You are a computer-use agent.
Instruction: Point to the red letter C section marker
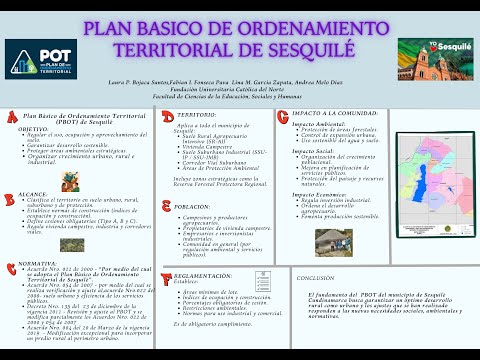coord(10,263)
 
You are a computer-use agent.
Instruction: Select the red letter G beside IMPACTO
coord(286,116)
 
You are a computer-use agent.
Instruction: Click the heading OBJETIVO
coord(32,129)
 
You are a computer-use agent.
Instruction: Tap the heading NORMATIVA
coord(38,264)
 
